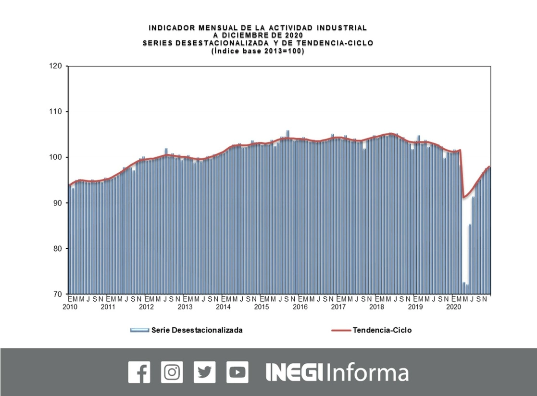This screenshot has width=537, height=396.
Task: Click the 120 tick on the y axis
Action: click(55, 66)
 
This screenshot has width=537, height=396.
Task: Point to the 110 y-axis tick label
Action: click(55, 112)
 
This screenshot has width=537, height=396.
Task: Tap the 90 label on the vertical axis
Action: click(57, 203)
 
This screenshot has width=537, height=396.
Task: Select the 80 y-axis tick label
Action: click(57, 249)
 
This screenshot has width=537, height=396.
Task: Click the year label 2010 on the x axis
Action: click(70, 307)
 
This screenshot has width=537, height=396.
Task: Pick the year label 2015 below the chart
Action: click(262, 307)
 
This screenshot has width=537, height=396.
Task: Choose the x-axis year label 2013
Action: click(185, 307)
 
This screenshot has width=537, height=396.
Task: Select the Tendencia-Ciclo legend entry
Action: click(382, 330)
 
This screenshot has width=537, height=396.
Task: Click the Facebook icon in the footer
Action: click(139, 372)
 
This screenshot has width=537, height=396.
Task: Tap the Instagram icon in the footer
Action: click(172, 372)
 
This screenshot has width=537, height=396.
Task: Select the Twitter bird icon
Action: click(204, 372)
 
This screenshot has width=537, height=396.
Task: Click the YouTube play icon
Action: click(237, 372)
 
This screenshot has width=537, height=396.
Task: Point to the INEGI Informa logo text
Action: click(337, 372)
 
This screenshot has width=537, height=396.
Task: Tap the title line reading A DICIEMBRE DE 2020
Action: click(258, 35)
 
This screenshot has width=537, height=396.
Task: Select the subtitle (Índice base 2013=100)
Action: click(258, 51)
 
